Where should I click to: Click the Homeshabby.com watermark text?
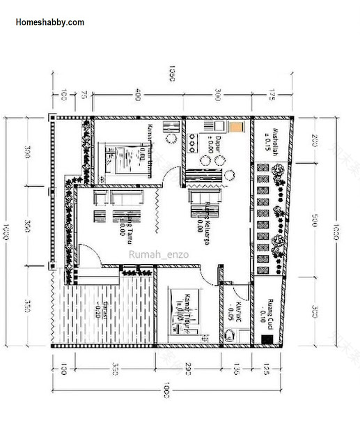coord(49,22)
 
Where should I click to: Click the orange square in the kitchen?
coord(237,128)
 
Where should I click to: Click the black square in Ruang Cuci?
coord(265,339)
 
